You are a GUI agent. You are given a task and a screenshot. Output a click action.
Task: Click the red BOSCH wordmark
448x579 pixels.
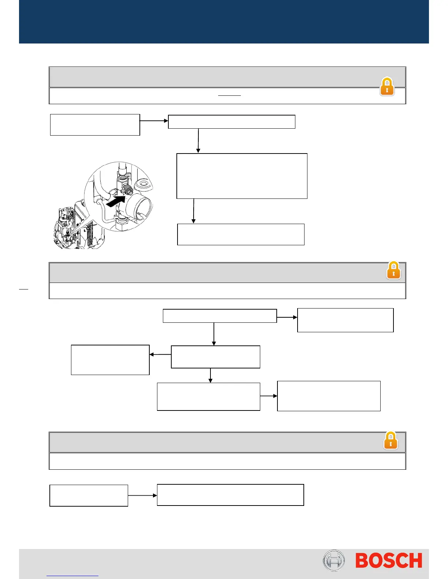389,561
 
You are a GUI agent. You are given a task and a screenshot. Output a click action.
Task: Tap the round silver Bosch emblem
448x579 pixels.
333,560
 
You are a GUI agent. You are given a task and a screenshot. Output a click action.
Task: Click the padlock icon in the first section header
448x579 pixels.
387,87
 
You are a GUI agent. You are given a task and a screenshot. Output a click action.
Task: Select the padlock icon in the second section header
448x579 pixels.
393,270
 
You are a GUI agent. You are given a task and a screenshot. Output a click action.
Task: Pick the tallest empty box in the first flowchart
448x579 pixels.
242,176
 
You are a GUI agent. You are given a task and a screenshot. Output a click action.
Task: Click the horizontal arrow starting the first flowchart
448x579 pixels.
154,121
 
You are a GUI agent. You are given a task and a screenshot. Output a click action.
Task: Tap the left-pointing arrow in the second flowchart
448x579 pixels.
160,355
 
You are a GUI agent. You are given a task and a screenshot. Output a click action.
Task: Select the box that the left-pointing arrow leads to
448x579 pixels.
110,360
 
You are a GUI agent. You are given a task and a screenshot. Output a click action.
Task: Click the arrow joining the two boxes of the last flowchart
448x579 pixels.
142,496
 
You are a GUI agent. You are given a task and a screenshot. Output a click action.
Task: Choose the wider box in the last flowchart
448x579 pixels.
230,495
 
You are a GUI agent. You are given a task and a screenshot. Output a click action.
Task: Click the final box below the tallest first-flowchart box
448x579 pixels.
240,234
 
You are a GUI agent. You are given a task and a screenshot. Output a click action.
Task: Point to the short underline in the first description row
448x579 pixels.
229,95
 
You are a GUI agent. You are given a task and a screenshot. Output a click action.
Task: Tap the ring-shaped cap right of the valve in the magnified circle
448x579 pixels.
143,184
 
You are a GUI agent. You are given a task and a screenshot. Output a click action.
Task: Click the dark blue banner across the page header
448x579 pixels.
224,22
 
